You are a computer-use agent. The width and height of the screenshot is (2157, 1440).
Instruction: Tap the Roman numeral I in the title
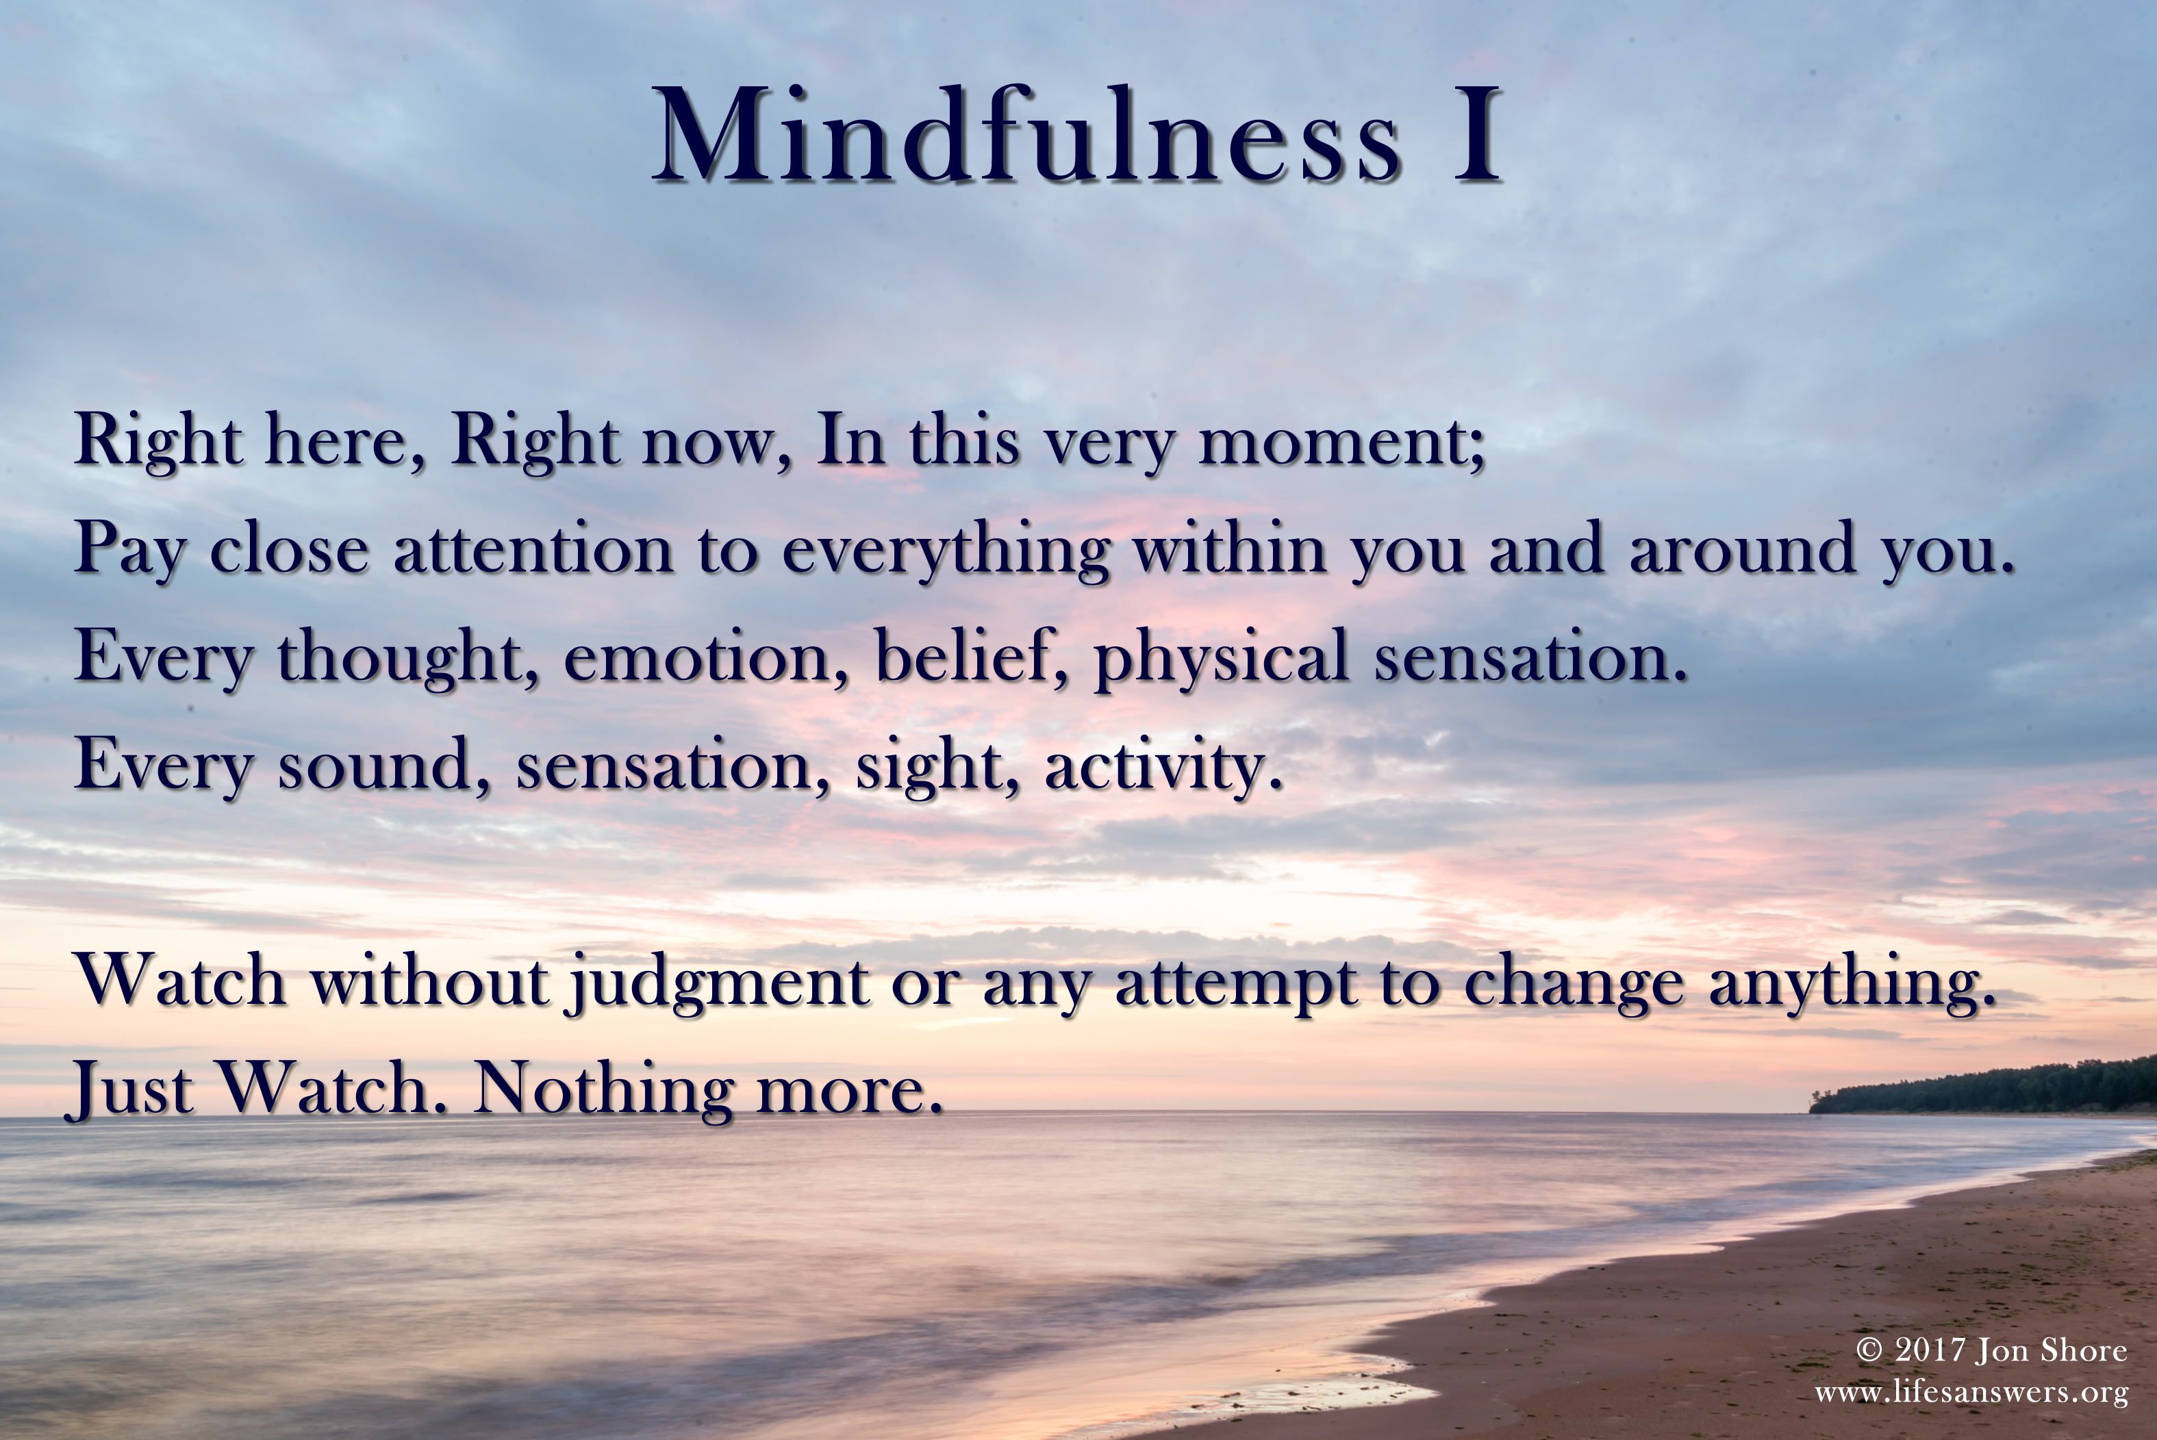[1476, 135]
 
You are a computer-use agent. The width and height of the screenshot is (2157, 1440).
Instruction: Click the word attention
[533, 548]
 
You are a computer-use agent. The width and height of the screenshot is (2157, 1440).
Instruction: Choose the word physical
[1222, 657]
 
